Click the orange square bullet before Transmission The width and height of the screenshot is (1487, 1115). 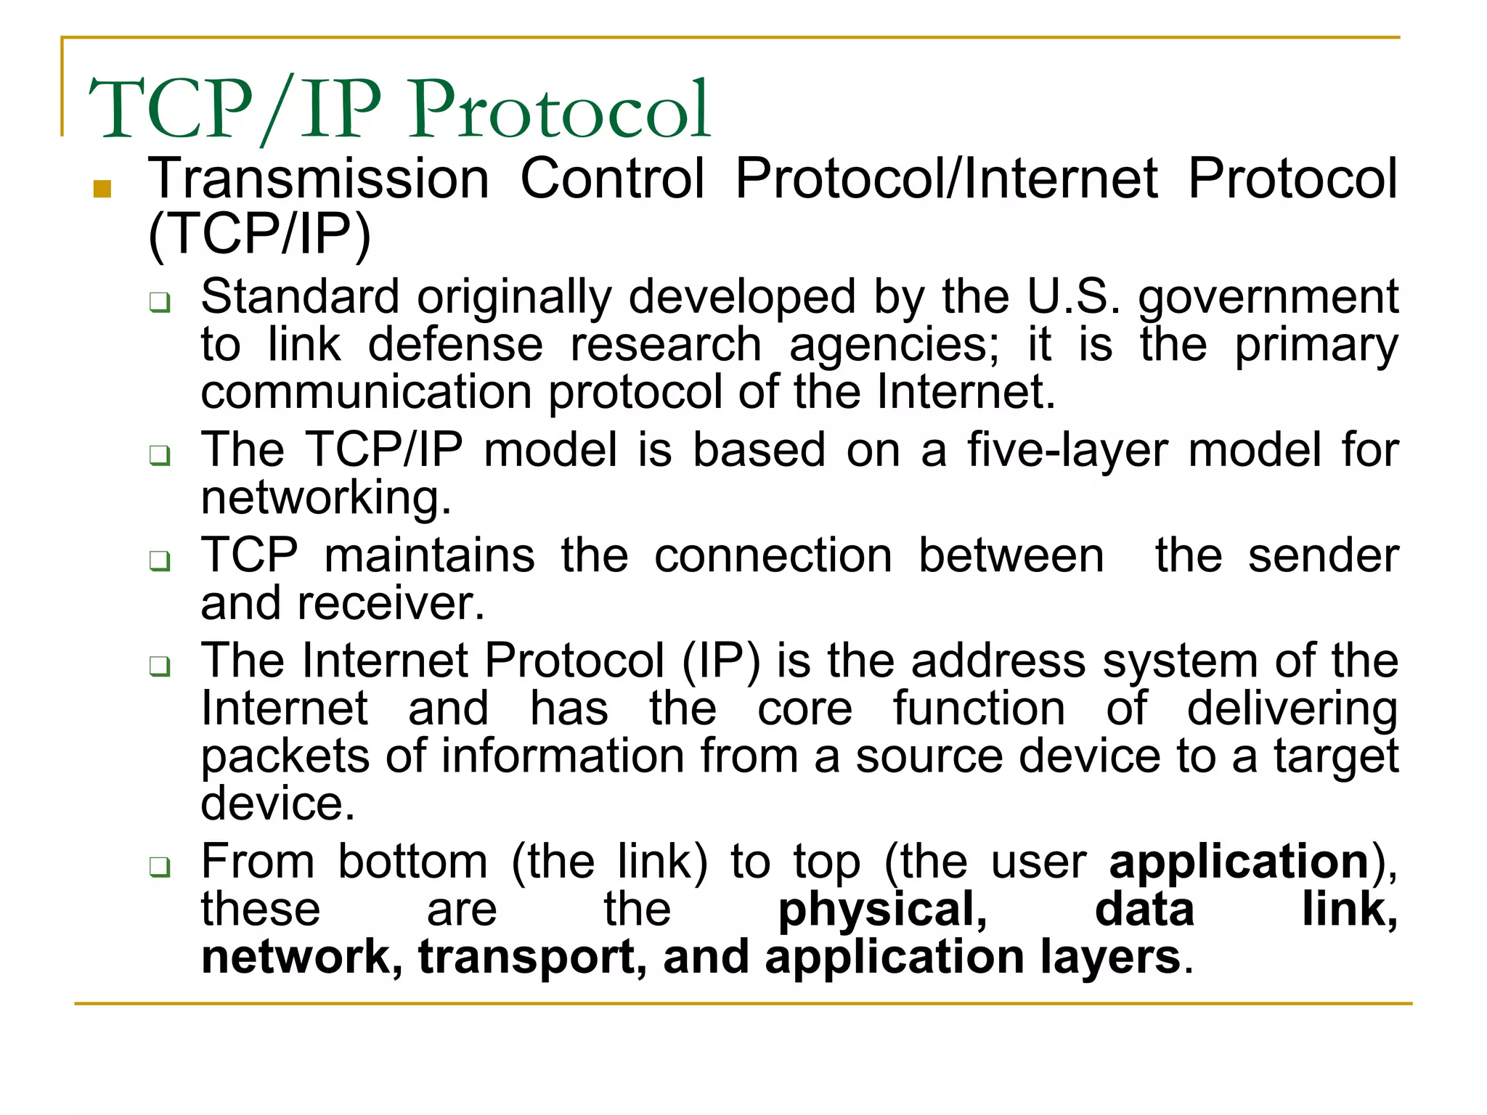[102, 189]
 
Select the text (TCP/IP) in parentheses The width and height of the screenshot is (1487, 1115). [259, 234]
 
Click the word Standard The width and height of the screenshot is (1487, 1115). [300, 296]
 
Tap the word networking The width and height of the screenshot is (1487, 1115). [326, 498]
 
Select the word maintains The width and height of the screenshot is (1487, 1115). [430, 555]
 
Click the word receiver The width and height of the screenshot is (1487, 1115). [391, 603]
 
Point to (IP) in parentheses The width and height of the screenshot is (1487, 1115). [721, 661]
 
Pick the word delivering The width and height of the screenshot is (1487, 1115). [1292, 708]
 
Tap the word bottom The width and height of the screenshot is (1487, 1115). [413, 862]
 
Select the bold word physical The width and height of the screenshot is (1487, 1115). [882, 910]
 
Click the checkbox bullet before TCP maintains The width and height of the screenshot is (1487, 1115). [160, 560]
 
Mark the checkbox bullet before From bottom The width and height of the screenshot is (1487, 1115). [160, 867]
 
